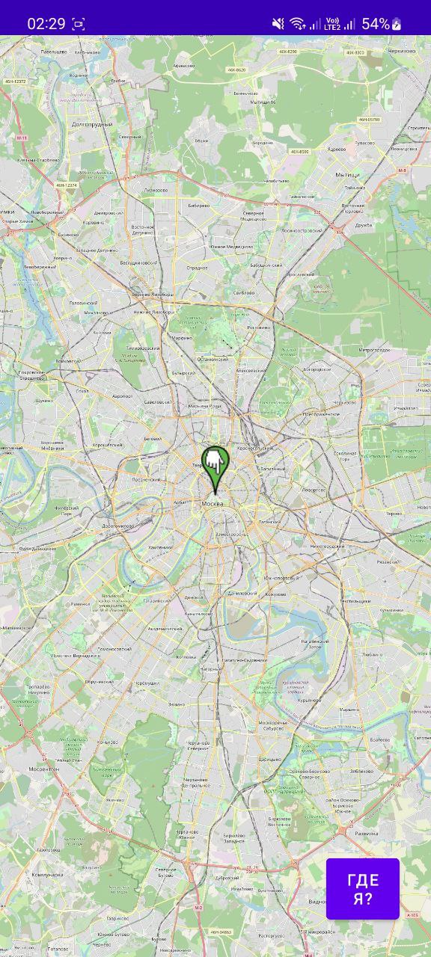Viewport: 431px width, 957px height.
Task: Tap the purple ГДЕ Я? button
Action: (x=362, y=888)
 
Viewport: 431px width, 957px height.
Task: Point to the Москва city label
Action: (x=213, y=504)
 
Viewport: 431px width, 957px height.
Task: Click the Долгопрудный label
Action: (x=93, y=124)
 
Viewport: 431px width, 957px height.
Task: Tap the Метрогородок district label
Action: (x=373, y=350)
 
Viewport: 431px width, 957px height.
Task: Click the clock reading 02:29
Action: (x=46, y=23)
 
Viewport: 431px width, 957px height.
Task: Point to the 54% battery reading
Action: (x=375, y=23)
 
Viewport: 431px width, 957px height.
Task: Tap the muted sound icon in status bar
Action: (x=278, y=23)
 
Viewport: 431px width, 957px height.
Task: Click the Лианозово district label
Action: (x=156, y=190)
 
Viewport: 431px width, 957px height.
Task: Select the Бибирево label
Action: (x=198, y=204)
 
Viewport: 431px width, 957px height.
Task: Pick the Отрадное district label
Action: (x=197, y=267)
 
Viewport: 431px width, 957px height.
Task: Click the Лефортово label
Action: (x=314, y=490)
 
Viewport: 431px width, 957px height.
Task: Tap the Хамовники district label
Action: (x=159, y=547)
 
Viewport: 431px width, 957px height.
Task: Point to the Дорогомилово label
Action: (x=117, y=526)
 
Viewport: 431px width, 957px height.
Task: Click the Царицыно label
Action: (x=270, y=759)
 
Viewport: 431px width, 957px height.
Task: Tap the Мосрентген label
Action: (x=44, y=769)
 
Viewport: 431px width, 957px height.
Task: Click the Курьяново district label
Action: (x=309, y=701)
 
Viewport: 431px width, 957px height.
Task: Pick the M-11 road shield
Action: (x=21, y=138)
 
